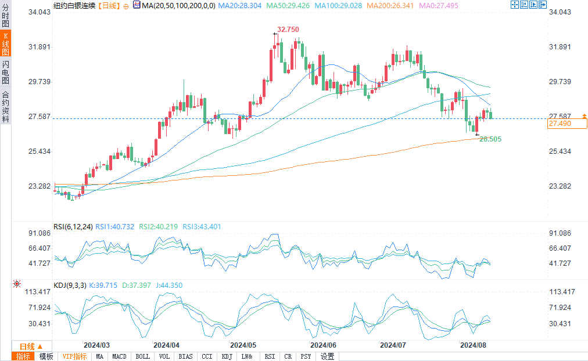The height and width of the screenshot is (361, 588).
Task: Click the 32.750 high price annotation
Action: click(288, 30)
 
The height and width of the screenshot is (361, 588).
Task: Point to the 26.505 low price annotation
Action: click(490, 139)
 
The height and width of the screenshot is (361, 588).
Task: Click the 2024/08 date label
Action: click(473, 345)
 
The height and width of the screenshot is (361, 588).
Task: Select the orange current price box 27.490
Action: click(567, 124)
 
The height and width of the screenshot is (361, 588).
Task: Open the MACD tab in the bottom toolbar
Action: click(119, 356)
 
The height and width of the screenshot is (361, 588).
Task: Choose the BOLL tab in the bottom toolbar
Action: click(142, 356)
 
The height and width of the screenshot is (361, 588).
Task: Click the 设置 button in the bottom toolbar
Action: click(327, 356)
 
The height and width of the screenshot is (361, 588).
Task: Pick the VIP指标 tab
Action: click(74, 356)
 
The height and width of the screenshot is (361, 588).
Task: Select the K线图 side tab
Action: click(6, 44)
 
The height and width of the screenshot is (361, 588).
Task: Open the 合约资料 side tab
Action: click(6, 107)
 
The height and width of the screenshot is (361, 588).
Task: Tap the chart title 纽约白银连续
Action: click(73, 5)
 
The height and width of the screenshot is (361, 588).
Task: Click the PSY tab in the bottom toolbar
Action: click(306, 356)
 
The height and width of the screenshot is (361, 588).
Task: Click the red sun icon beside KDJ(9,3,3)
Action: click(16, 284)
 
